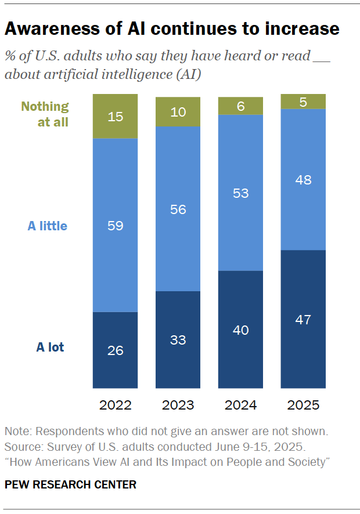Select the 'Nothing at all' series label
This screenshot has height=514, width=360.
pos(45,114)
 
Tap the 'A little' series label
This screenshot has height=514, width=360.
pos(48,226)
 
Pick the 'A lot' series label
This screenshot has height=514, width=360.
pos(50,348)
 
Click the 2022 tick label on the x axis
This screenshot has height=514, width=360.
pos(116,405)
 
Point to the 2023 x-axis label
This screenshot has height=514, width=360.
pos(178,405)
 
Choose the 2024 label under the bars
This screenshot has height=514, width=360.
pos(240,405)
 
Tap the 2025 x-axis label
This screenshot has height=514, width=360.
pos(303,405)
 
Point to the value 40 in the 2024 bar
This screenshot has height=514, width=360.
pos(240,330)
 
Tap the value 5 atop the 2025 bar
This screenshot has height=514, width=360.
pos(303,102)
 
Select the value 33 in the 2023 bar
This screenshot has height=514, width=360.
pos(178,340)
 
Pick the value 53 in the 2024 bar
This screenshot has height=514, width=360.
pos(240,193)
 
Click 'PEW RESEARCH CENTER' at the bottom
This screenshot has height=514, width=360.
pos(70,484)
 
